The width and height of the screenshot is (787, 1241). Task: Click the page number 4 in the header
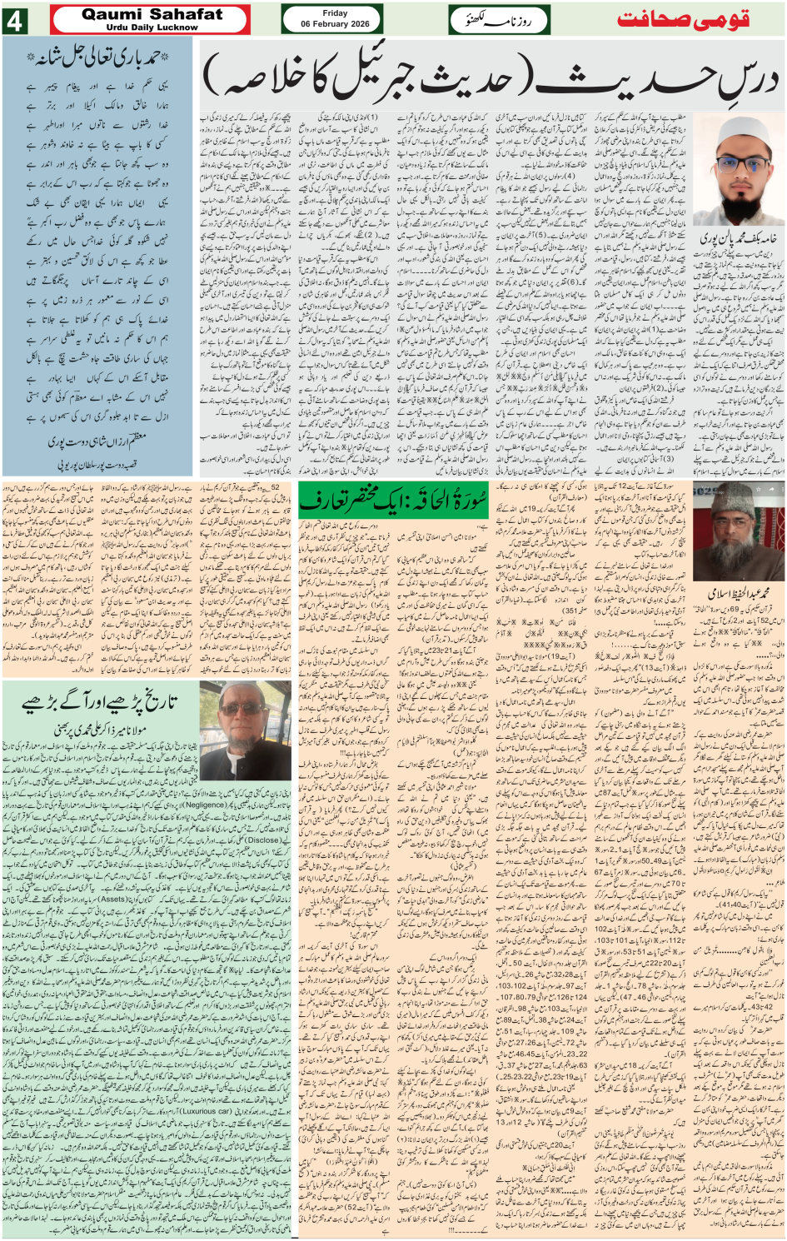(x=14, y=20)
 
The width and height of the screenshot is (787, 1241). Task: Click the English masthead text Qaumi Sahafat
(x=152, y=14)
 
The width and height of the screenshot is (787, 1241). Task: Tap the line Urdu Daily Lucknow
(x=152, y=27)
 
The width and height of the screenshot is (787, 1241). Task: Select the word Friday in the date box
(x=335, y=12)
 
